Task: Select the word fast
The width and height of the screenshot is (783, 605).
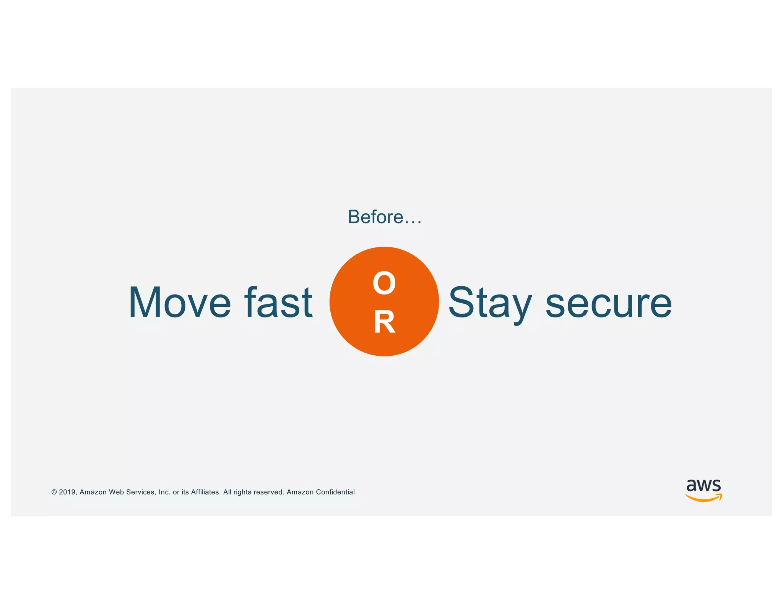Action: coord(279,302)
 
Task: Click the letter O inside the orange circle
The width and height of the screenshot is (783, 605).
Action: coord(384,283)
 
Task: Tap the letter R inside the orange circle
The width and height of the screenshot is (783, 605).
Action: coord(384,322)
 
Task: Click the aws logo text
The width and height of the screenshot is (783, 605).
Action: coord(703,485)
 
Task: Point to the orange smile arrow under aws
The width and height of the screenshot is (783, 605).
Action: coord(703,498)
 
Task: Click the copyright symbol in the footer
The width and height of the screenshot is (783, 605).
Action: coord(54,492)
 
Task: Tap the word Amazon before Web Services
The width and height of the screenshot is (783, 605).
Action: coord(93,492)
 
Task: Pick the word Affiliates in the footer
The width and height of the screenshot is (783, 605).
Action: coord(206,492)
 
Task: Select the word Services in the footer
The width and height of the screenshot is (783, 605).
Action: coord(140,492)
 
